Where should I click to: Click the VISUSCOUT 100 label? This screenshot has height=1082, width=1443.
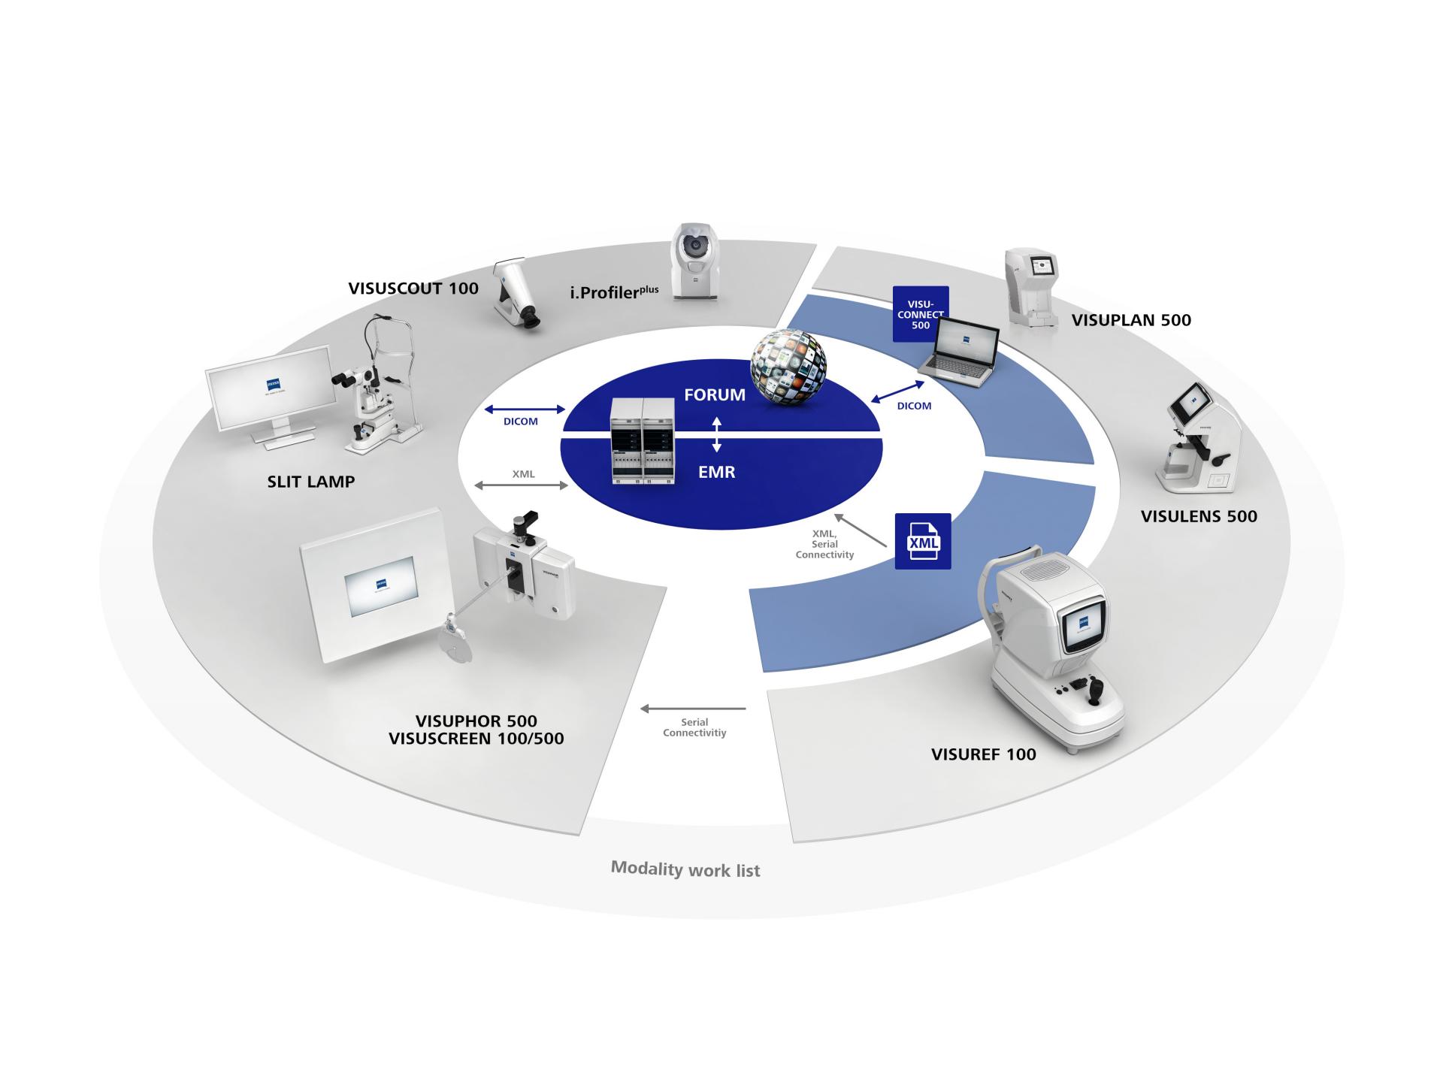tap(413, 289)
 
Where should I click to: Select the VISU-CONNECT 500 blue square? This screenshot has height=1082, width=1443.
tap(920, 313)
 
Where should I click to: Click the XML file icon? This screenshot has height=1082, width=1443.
tap(923, 541)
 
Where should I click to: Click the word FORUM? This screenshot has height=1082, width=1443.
tap(714, 395)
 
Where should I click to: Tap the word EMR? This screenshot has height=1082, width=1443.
tap(716, 473)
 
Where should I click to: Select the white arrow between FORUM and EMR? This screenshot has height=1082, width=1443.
tap(716, 434)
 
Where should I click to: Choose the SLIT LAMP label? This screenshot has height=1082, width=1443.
tap(310, 482)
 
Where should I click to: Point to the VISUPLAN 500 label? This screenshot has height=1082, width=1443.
tap(1130, 320)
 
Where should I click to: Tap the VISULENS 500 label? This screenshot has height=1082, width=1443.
tap(1198, 516)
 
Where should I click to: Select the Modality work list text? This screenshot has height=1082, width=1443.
tap(685, 869)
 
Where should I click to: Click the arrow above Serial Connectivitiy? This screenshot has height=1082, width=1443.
tap(692, 709)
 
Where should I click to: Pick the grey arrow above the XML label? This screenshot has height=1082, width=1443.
tap(522, 486)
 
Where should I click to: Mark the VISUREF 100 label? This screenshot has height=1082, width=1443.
tap(983, 754)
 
